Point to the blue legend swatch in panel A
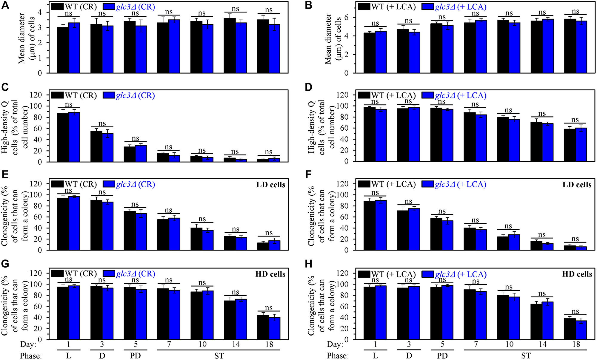coord(109,7)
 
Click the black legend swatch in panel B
coord(364,7)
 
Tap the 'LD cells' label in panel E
coord(270,185)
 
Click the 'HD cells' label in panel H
coord(577,274)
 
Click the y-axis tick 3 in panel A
coord(40,27)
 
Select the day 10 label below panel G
coord(202,344)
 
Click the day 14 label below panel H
coord(542,344)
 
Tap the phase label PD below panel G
coord(135,356)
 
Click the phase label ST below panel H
coord(526,356)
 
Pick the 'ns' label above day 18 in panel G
coord(269,308)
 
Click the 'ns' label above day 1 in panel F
coord(375,193)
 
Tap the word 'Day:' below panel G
coord(28,344)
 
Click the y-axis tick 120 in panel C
coord(36,95)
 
